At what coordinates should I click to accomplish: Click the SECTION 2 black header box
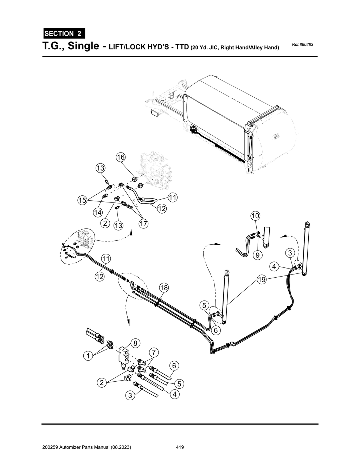[64, 34]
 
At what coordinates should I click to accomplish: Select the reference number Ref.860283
[302, 45]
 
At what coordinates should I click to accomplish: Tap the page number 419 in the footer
[180, 447]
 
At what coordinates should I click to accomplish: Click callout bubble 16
[121, 157]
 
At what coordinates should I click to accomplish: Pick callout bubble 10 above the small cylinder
[255, 215]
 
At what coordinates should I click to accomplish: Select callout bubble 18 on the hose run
[164, 288]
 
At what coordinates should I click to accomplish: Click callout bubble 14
[98, 212]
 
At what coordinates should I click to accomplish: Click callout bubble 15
[82, 200]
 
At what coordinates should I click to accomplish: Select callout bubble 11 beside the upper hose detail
[172, 198]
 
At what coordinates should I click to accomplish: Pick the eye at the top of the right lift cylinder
[307, 224]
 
